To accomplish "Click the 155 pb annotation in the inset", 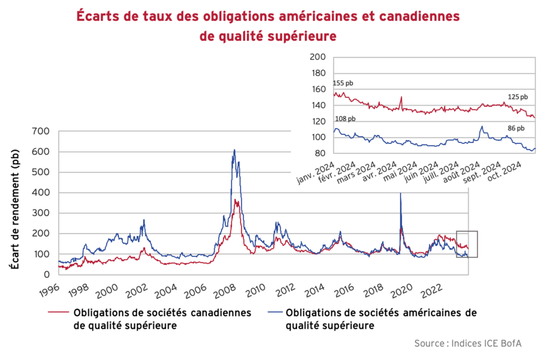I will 343,83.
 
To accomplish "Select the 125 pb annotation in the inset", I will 517,97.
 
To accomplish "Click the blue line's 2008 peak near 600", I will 234,150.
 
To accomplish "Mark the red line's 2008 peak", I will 236,200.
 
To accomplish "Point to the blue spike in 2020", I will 401,193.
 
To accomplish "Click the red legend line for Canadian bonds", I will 58,313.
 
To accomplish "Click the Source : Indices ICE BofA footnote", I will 467,343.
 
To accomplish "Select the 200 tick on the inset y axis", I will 318,57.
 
